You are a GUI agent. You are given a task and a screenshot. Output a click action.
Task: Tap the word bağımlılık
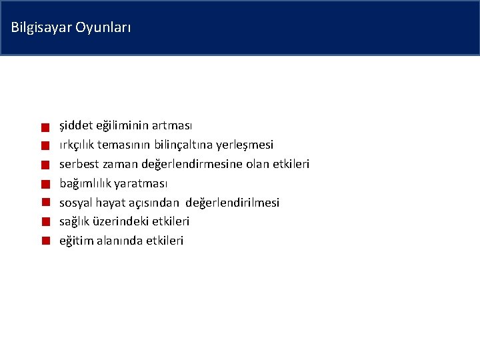click(85, 183)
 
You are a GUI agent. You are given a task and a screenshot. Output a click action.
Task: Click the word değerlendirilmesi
click(232, 202)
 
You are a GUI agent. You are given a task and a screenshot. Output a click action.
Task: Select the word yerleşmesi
click(248, 145)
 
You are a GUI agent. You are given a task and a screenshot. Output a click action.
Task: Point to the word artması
click(172, 125)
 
